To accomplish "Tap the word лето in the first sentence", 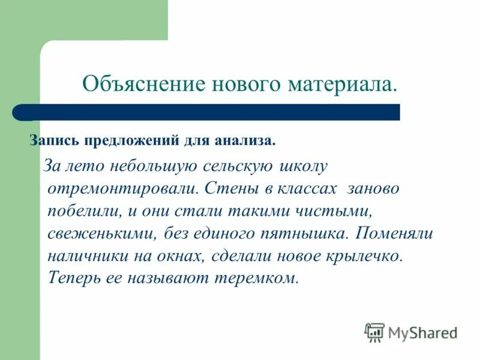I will pos(85,165).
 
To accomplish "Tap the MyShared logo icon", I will pos(375,332).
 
